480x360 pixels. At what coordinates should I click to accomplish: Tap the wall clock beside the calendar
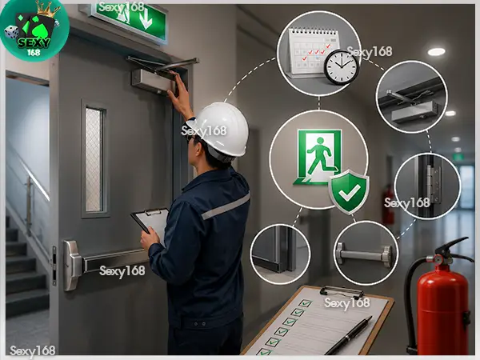point(341,67)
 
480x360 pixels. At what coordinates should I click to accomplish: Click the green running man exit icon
point(318,158)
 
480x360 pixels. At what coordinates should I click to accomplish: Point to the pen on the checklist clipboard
point(349,335)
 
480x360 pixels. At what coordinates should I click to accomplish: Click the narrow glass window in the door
point(94,159)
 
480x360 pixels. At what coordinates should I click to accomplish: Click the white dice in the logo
point(12,33)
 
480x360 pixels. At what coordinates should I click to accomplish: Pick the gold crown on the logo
point(47,10)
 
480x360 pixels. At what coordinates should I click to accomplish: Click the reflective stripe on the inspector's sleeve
point(226,206)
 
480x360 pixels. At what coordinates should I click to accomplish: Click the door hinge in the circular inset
point(434,185)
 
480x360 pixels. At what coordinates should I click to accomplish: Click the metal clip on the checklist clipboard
point(342,291)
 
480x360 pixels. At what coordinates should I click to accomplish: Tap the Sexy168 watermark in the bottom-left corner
point(33,351)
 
